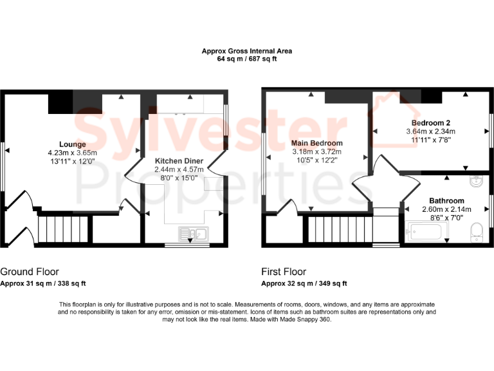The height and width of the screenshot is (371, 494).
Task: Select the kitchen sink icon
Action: pos(193,234)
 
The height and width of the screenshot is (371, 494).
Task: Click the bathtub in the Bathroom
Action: pos(426,230)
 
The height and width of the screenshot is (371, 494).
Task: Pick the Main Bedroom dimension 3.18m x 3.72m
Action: pos(316,152)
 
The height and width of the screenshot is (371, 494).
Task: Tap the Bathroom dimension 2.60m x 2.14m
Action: pos(446,209)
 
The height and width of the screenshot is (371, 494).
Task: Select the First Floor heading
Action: pos(284,272)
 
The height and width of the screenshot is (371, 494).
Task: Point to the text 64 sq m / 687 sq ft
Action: pos(247,59)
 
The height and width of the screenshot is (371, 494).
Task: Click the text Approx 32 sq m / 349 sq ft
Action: pos(304,283)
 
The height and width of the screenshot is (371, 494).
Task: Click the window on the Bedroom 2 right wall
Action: pos(491,130)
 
